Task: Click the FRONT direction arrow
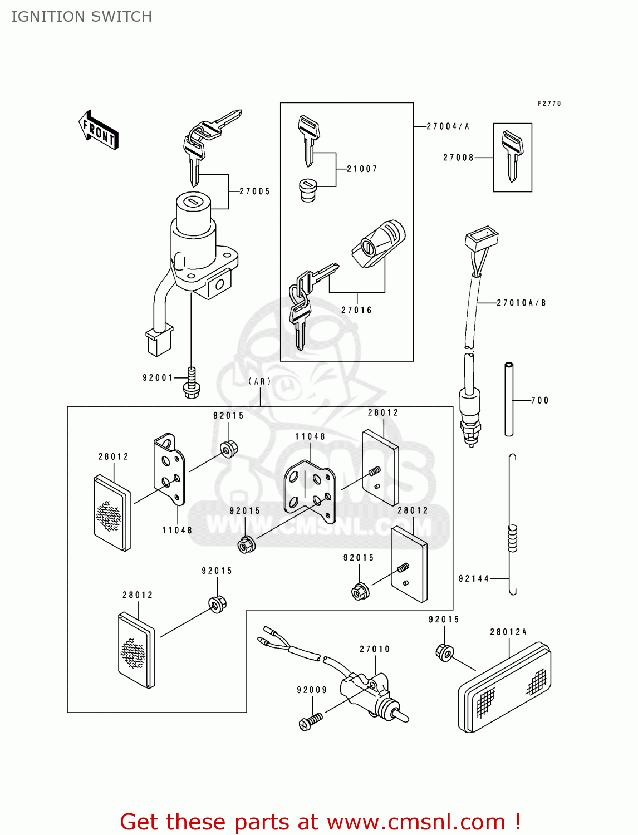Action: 99,130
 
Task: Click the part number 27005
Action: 254,191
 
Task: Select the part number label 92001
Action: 158,378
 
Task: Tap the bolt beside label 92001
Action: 192,383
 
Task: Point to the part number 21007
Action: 362,169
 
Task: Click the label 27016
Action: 356,311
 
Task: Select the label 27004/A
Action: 448,127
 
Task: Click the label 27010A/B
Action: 521,303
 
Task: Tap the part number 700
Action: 539,401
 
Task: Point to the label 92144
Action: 474,579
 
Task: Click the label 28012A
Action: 508,632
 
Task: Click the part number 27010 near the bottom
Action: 375,650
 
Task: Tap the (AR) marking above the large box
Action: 260,382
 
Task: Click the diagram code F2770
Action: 549,104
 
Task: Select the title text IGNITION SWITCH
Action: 82,17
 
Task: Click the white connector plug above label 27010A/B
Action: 482,238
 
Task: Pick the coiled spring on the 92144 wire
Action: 512,538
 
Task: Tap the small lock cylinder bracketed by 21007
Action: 308,190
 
